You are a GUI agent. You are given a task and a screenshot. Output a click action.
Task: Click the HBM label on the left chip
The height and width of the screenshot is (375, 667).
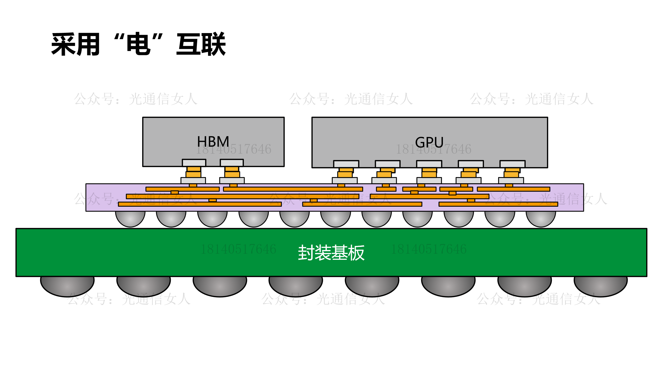(213, 141)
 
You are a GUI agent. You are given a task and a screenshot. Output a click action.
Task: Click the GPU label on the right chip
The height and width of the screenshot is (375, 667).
(429, 142)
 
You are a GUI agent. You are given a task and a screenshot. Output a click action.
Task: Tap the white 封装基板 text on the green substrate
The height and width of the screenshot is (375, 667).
(331, 253)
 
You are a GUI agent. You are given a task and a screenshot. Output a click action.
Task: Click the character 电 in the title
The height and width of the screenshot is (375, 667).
(138, 44)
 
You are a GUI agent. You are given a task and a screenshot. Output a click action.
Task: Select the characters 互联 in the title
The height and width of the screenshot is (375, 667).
(201, 44)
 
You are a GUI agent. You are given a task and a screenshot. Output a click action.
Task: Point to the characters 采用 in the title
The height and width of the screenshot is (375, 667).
(76, 44)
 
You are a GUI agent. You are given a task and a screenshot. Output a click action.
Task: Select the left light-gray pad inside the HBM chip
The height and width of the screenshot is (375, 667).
(194, 163)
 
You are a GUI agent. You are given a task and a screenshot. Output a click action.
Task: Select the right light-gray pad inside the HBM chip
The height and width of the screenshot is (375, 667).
(232, 163)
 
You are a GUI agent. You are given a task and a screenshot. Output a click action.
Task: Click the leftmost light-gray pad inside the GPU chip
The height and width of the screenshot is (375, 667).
(346, 164)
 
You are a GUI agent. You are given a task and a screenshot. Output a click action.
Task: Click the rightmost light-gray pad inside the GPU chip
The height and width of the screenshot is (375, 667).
(512, 164)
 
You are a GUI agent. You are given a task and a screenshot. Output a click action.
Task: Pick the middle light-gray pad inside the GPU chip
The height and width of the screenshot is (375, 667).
(429, 164)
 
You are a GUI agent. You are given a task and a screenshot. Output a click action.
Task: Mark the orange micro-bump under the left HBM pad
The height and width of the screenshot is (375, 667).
(193, 172)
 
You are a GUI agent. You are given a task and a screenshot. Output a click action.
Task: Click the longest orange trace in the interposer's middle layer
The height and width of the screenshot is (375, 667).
(243, 197)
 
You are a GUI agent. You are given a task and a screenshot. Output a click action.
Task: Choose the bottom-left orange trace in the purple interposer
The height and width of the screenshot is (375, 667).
(200, 204)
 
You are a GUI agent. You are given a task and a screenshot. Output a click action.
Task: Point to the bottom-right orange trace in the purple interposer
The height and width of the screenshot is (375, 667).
(498, 204)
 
